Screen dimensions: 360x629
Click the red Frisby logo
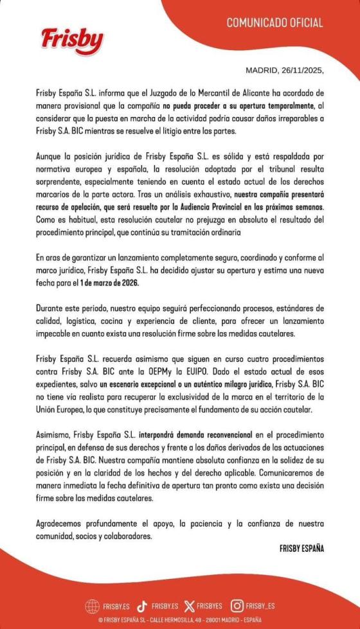click(x=72, y=40)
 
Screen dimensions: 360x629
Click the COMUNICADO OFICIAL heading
click(x=274, y=23)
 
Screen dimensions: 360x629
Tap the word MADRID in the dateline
click(x=262, y=71)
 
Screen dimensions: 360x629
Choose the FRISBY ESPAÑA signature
click(x=302, y=549)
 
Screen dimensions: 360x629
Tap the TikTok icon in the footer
click(x=143, y=605)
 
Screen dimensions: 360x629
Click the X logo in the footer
click(x=188, y=605)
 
